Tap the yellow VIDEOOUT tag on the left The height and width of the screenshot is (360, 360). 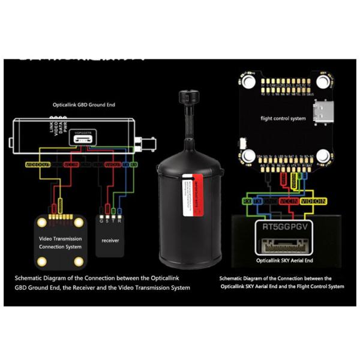pyautogui.click(x=37, y=163)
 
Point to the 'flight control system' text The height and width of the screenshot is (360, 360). pyautogui.click(x=283, y=119)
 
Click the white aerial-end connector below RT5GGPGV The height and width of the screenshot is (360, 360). pyautogui.click(x=283, y=245)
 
